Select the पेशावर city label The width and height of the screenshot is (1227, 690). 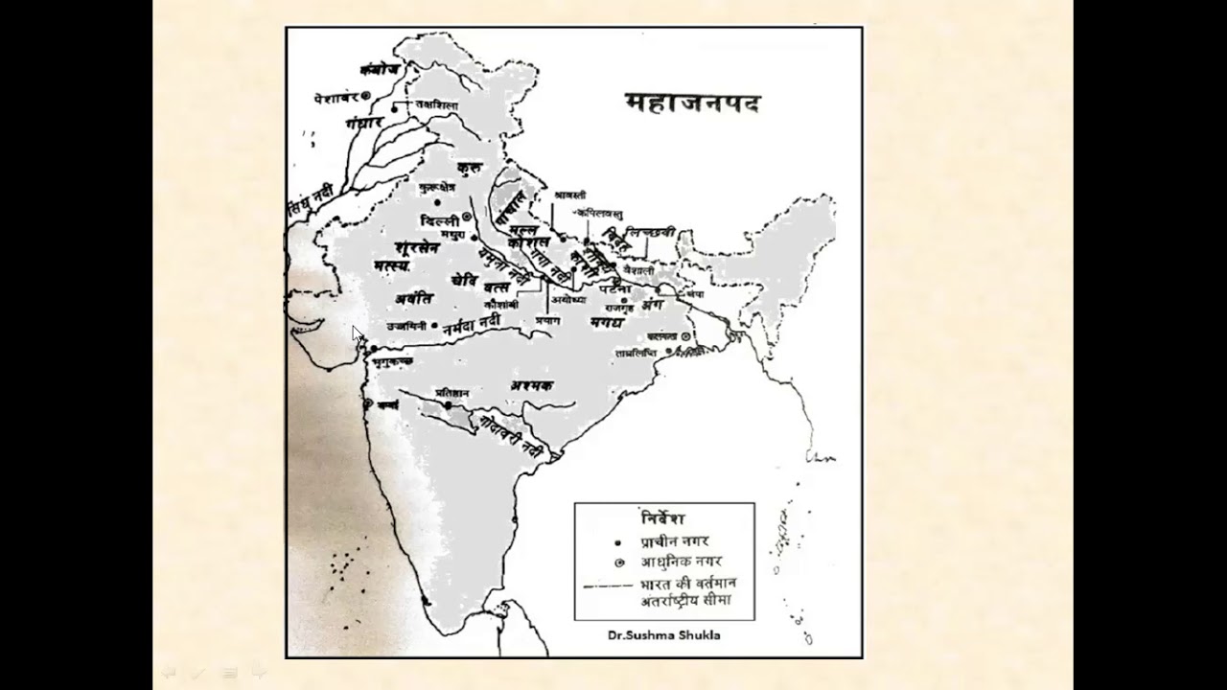(x=336, y=98)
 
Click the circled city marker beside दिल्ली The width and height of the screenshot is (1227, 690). (x=467, y=217)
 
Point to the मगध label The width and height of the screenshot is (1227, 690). (x=607, y=322)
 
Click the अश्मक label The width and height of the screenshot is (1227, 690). (x=533, y=384)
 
